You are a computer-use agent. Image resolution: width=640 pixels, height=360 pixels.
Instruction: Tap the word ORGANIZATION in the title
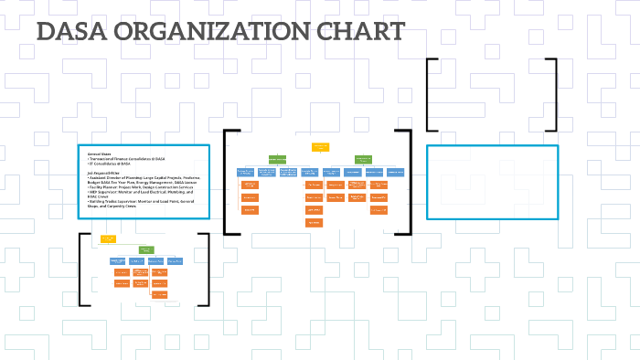tap(197, 32)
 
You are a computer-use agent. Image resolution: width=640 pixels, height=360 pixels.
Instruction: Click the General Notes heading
tap(99, 154)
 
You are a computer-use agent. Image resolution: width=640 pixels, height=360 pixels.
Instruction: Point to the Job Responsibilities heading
tap(103, 173)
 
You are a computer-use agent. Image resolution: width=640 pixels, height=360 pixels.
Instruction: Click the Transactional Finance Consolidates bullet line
tap(127, 159)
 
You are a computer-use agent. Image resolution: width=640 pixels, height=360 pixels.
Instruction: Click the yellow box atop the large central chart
tap(320, 146)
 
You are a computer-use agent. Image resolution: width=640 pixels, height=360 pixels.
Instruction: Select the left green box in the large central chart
tap(277, 159)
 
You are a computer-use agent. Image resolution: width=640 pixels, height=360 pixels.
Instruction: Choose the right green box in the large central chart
tap(363, 159)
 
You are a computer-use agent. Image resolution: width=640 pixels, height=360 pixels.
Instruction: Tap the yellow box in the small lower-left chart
tap(108, 238)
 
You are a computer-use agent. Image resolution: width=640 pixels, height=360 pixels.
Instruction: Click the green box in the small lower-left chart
tap(144, 249)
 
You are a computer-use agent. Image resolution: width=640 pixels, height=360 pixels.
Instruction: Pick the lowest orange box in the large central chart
tap(314, 222)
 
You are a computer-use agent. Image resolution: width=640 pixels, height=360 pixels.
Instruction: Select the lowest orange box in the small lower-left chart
tap(159, 294)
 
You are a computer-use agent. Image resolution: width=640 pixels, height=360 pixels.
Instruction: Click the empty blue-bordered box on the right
tap(492, 182)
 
